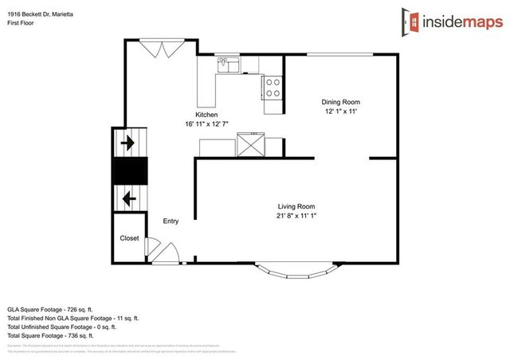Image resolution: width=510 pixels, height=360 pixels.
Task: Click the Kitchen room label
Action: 201,115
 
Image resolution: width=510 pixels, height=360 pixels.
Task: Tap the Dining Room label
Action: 341,101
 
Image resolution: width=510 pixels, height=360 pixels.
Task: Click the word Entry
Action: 171,221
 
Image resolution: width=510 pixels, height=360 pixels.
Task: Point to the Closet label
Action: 129,238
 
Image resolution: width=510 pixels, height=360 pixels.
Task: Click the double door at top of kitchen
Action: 160,49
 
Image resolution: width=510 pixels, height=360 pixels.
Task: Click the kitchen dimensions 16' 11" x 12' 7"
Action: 206,124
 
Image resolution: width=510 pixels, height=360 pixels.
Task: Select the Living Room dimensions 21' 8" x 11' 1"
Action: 296,215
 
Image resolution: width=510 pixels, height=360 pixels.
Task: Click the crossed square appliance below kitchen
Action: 251,146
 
